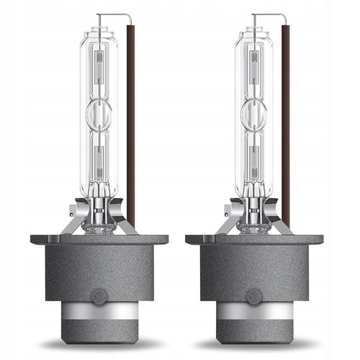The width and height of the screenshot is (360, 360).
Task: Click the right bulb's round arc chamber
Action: pyautogui.click(x=253, y=112)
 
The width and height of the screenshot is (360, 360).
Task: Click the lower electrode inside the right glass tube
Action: pyautogui.click(x=253, y=155)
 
